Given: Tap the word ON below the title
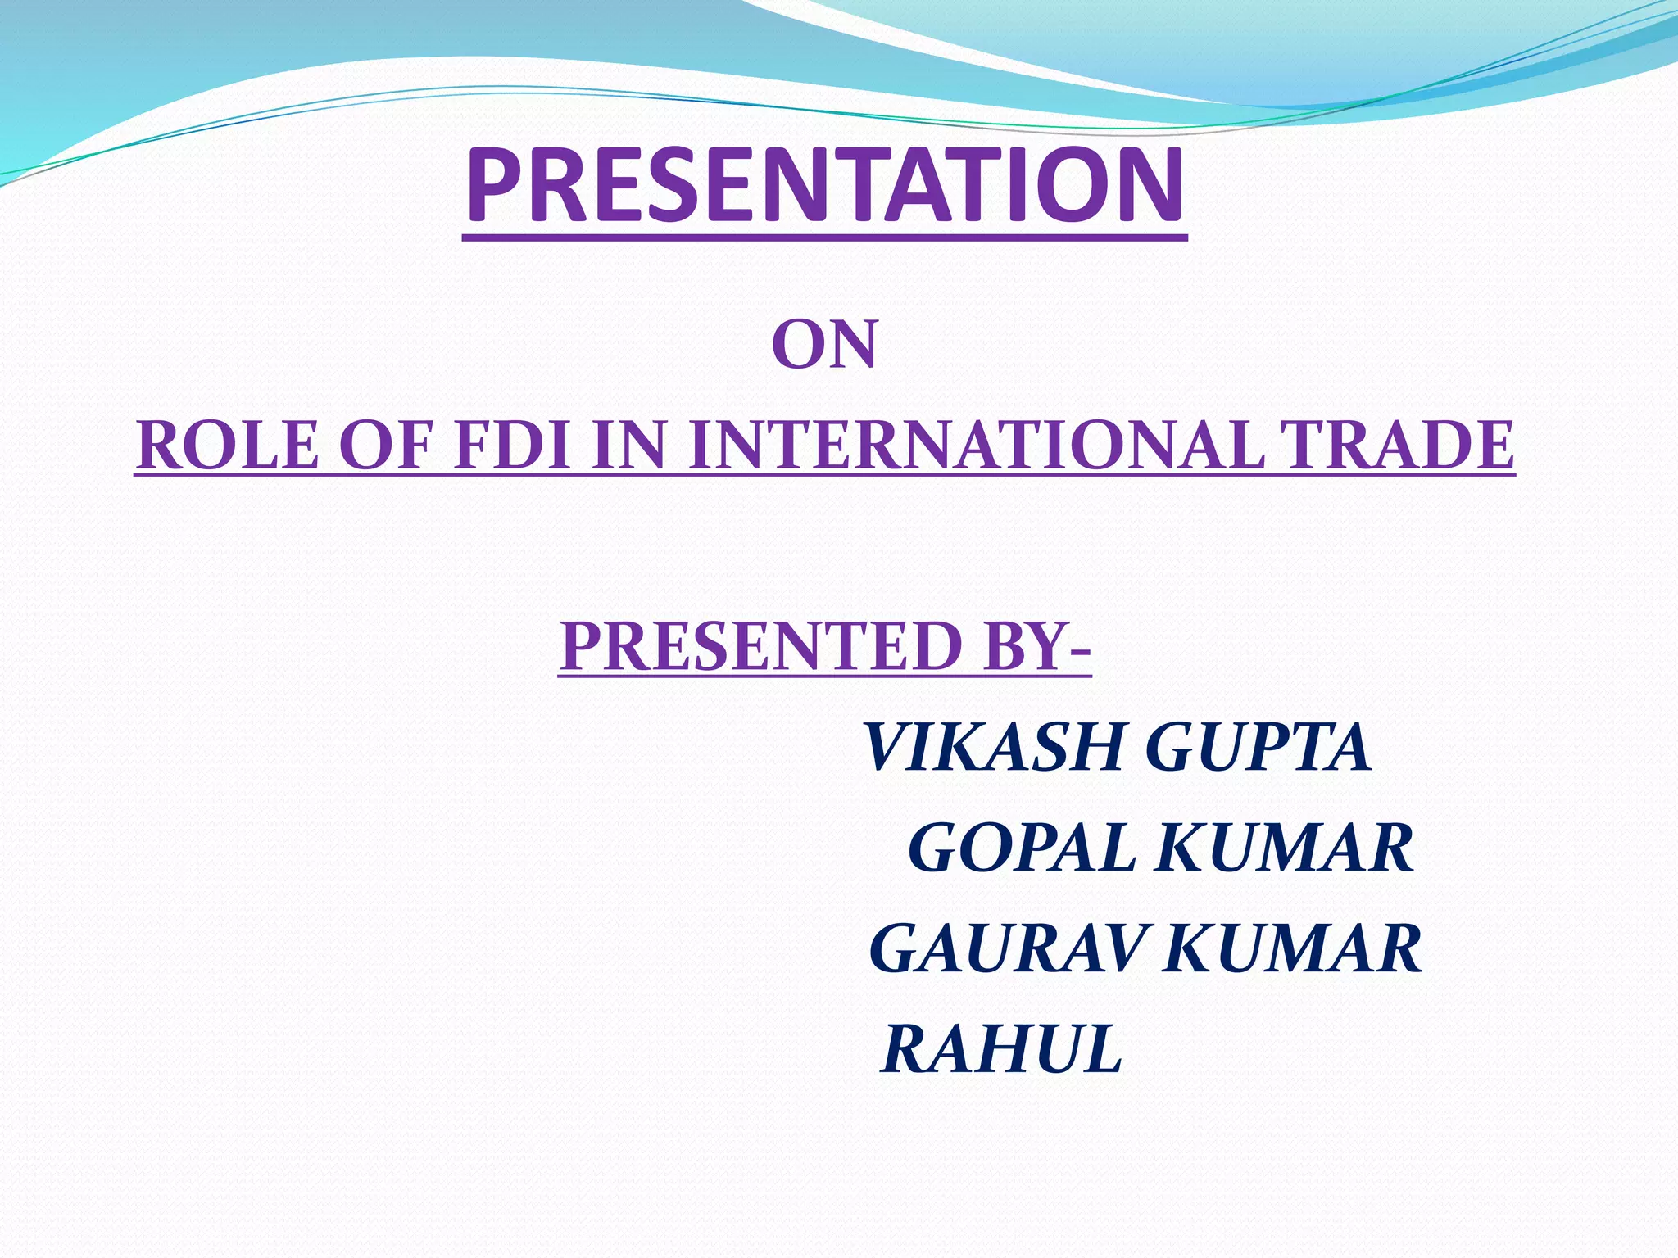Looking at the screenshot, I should (824, 346).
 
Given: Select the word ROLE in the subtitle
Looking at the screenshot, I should (227, 446).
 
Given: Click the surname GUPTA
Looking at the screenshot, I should (1258, 748).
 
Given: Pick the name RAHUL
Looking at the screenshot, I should (1001, 1049).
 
